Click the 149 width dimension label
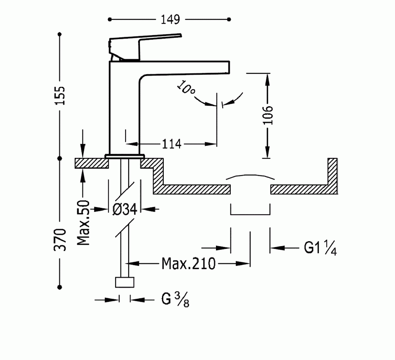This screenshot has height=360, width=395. click(170, 19)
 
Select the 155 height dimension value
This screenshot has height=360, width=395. click(61, 95)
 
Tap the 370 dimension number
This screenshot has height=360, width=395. click(61, 239)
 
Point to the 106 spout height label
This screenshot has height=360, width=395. click(267, 115)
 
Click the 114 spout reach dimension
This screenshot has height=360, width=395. click(171, 144)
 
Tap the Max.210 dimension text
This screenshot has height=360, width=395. click(189, 263)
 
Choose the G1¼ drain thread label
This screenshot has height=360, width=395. click(320, 248)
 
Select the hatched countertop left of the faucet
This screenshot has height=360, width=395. click(92, 163)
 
